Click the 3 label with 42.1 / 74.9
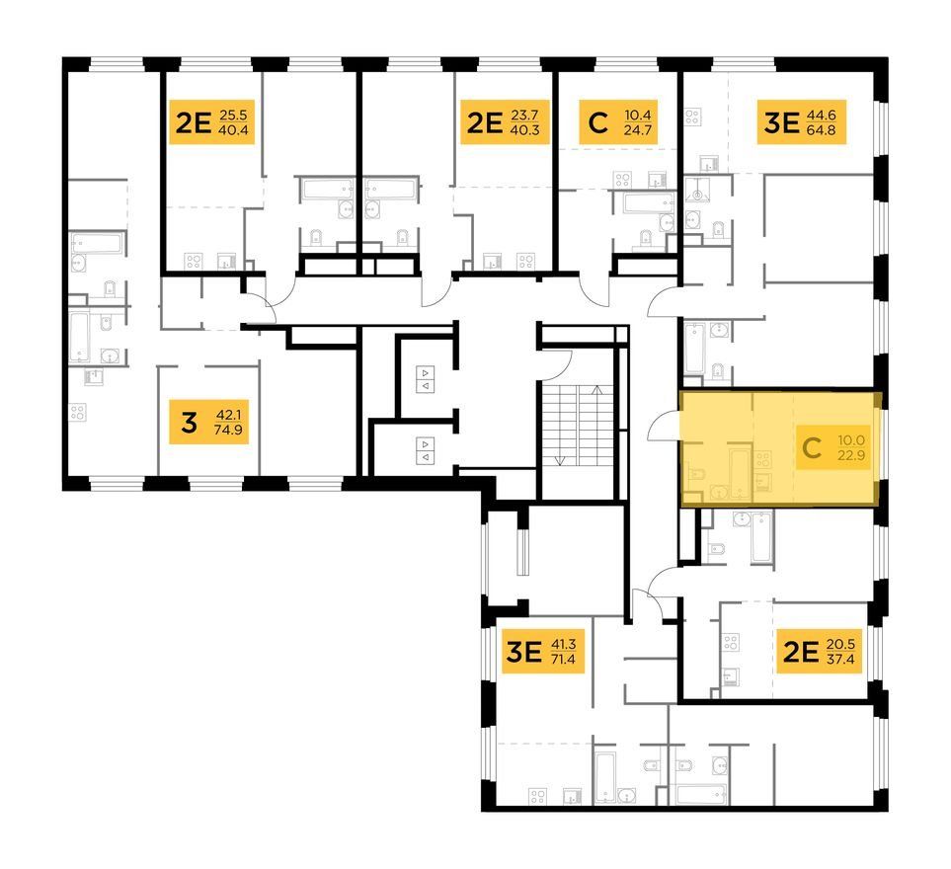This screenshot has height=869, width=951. [x=208, y=422]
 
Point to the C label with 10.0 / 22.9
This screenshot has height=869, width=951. [x=832, y=447]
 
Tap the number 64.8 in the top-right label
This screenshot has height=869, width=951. [x=822, y=129]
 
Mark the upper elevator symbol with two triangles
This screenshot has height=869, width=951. [x=426, y=379]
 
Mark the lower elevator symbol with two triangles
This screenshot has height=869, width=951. [x=426, y=450]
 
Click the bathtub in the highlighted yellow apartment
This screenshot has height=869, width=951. [x=740, y=472]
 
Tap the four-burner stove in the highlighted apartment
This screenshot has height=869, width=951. [x=762, y=459]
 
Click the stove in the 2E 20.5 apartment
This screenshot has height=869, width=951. [x=730, y=642]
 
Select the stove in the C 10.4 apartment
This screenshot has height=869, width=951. [x=622, y=180]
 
